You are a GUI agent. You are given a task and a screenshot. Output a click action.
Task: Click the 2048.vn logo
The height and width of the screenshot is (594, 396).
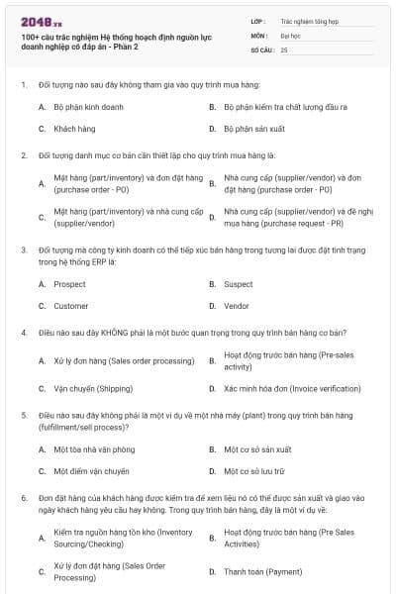pyautogui.click(x=37, y=21)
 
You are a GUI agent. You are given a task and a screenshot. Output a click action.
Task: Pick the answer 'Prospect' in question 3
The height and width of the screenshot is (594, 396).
pyautogui.click(x=69, y=284)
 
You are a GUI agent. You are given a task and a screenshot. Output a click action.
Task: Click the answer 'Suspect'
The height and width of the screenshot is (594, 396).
pyautogui.click(x=238, y=284)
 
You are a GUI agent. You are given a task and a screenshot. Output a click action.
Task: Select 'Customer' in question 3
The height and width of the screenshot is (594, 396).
pyautogui.click(x=71, y=306)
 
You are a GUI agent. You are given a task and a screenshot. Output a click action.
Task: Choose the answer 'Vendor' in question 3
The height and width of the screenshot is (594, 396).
pyautogui.click(x=237, y=306)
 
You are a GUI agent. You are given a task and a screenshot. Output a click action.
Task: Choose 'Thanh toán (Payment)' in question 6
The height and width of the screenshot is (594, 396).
pyautogui.click(x=263, y=571)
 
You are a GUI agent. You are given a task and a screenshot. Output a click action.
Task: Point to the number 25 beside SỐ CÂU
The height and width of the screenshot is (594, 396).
pyautogui.click(x=285, y=49)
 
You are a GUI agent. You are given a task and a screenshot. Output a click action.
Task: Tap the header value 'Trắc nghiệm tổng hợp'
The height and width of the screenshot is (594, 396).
pyautogui.click(x=308, y=20)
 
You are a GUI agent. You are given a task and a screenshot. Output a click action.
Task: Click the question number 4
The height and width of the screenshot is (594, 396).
pyautogui.click(x=23, y=333)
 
